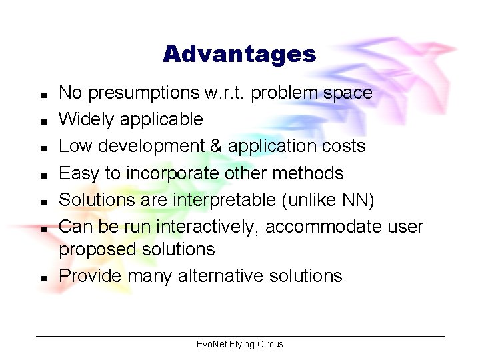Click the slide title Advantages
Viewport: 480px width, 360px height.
[239, 54]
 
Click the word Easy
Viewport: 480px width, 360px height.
[78, 173]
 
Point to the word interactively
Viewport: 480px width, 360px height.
[207, 227]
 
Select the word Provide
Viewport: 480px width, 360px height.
[87, 275]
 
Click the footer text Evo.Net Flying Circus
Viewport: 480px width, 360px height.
[240, 344]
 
